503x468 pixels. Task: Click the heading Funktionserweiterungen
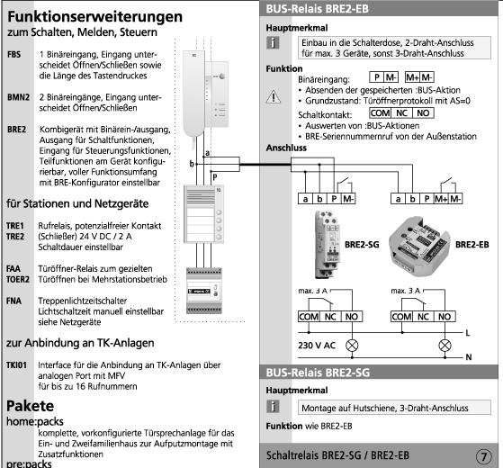pyautogui.click(x=95, y=17)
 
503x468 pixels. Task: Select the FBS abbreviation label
pyautogui.click(x=14, y=55)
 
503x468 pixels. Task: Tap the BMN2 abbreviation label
pyautogui.click(x=18, y=97)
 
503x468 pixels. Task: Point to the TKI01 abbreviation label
pyautogui.click(x=17, y=365)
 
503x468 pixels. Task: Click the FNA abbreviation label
pyautogui.click(x=13, y=301)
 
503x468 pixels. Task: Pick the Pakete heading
pyautogui.click(x=31, y=406)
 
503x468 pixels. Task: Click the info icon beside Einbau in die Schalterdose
pyautogui.click(x=273, y=42)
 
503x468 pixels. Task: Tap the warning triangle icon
pyautogui.click(x=274, y=96)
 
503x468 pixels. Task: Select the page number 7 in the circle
pyautogui.click(x=484, y=456)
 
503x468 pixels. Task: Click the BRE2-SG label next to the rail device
pyautogui.click(x=362, y=245)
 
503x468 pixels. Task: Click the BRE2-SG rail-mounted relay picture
pyautogui.click(x=328, y=245)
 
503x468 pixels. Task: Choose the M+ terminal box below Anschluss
pyautogui.click(x=441, y=199)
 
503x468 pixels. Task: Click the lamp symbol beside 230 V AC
pyautogui.click(x=352, y=346)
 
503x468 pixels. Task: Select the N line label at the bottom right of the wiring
pyautogui.click(x=468, y=357)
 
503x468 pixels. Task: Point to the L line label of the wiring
pyautogui.click(x=468, y=333)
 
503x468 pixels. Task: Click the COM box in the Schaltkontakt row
pyautogui.click(x=380, y=112)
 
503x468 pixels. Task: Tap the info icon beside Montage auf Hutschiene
pyautogui.click(x=273, y=407)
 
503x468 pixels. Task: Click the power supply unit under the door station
pyautogui.click(x=204, y=291)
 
